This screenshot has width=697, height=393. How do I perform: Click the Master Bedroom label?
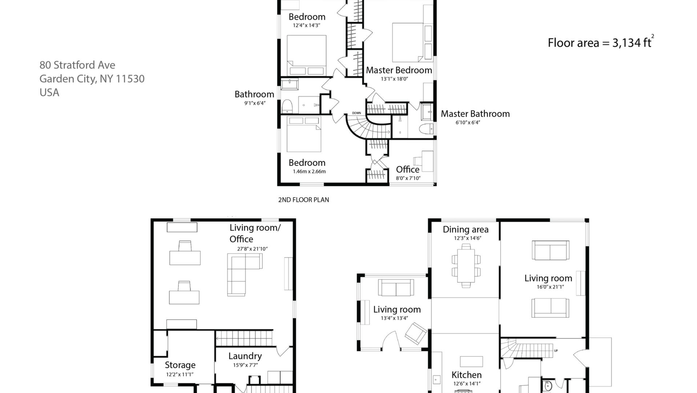coord(399,70)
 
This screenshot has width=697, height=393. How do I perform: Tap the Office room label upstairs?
coord(408,170)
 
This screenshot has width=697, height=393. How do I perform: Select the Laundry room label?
coord(245,356)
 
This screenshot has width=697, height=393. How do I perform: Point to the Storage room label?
coord(180,365)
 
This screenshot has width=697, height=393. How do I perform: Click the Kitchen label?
coord(467,375)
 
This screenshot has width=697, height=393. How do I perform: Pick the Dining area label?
coord(466,230)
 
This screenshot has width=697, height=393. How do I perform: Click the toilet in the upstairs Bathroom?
coord(287,106)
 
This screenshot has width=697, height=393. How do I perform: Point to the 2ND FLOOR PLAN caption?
coord(303,200)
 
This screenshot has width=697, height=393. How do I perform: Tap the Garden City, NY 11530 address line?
coord(92,79)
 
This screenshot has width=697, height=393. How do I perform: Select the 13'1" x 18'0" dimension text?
coord(395,79)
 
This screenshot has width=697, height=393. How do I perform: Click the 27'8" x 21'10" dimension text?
coord(253,249)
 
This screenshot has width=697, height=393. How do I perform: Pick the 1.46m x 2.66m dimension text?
coord(309,171)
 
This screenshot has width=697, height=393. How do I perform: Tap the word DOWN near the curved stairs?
coord(356,113)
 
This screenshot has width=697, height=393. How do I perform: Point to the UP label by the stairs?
coord(556,351)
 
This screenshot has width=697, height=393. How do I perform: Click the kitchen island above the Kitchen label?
coord(471,361)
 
